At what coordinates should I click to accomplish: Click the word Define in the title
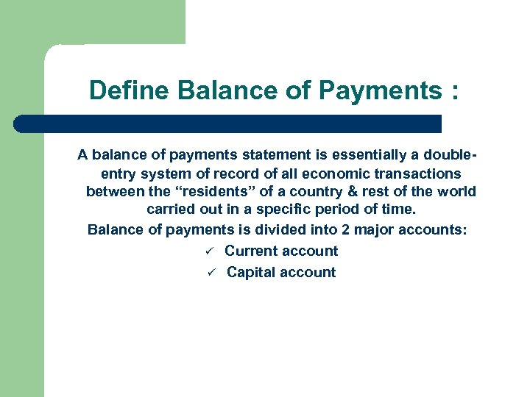pos(130,91)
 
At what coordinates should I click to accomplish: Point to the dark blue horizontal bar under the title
pos(227,124)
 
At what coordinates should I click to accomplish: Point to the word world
pos(456,191)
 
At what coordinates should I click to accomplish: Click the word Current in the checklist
pos(251,251)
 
